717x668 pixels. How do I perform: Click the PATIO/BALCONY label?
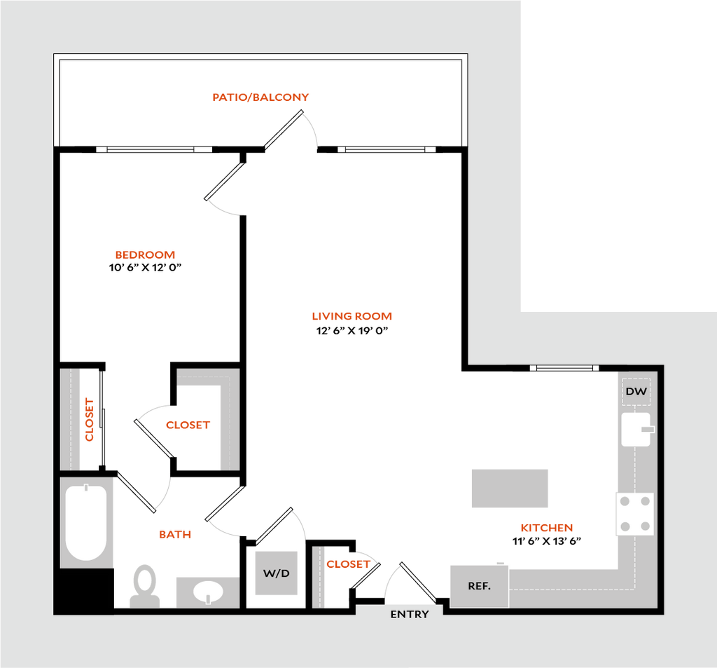(260, 97)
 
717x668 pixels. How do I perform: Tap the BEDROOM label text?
(145, 254)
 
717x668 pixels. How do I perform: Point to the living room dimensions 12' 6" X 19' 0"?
(352, 331)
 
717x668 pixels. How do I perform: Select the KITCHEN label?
(546, 527)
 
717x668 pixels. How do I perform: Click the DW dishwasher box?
(636, 391)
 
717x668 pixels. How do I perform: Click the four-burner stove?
(635, 514)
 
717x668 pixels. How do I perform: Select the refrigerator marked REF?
(479, 586)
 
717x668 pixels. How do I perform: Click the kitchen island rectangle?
(510, 488)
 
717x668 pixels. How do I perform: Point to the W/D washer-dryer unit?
(276, 573)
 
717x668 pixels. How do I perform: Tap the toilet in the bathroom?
(145, 587)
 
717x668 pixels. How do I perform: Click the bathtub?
(86, 522)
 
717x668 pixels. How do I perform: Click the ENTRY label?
(410, 615)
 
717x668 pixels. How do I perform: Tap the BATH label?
(175, 534)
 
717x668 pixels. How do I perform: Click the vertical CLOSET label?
(89, 420)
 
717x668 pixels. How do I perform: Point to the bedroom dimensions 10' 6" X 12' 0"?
(145, 267)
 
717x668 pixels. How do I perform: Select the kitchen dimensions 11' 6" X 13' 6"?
(546, 540)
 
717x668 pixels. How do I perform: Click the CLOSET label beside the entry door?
(348, 564)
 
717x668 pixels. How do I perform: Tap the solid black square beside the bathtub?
(84, 591)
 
